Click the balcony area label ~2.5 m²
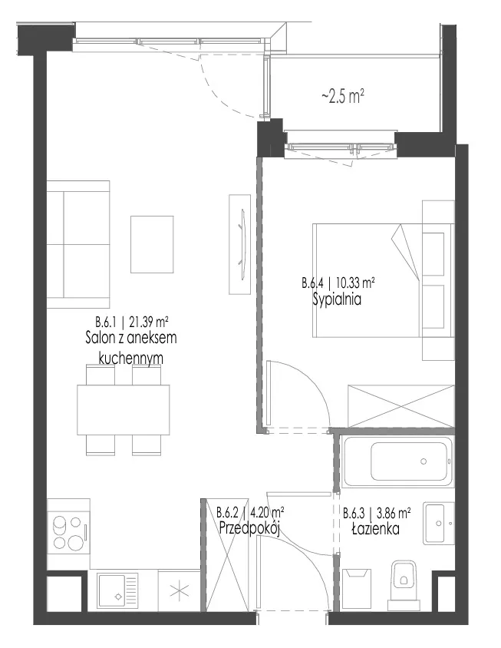[342, 97]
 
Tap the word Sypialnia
[337, 299]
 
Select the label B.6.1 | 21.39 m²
[131, 321]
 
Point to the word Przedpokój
[250, 528]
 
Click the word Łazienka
[375, 528]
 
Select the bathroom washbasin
[439, 523]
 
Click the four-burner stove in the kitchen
[68, 532]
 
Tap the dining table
[123, 409]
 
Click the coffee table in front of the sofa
[152, 244]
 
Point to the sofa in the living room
[78, 244]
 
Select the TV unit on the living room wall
[240, 244]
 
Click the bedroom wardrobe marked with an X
[401, 406]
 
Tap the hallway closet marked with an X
[227, 554]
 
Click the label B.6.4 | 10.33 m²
[338, 283]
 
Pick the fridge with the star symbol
[180, 592]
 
